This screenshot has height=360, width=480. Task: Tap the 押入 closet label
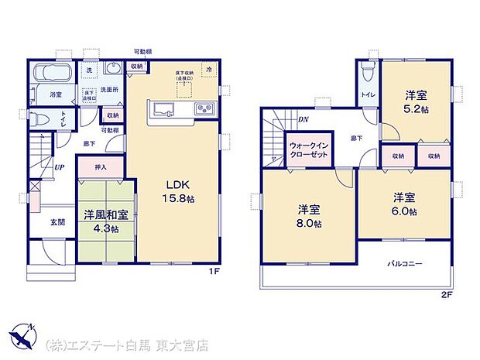coord(101,167)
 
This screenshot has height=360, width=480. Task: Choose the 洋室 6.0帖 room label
coord(405,203)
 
